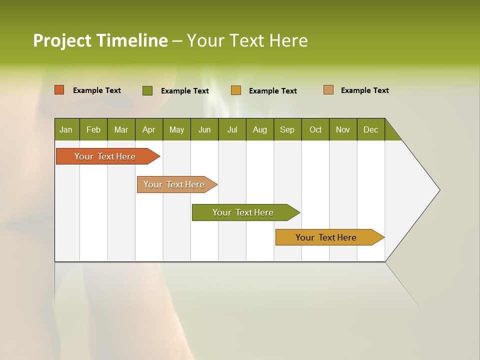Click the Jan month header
(66, 129)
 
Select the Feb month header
(93, 129)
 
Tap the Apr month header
(148, 129)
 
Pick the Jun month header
(204, 129)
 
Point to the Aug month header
(259, 129)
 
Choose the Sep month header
(287, 129)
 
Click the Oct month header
(315, 129)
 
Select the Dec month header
(370, 129)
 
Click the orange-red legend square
(59, 90)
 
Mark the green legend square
(147, 90)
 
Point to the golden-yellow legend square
(236, 90)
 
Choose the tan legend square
(328, 90)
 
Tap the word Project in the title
(62, 40)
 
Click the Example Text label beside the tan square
(364, 90)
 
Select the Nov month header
(343, 129)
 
